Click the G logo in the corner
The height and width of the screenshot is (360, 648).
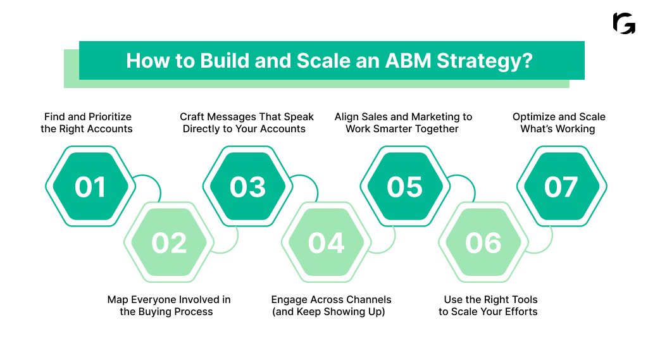(x=624, y=23)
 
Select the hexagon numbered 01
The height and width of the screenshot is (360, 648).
(x=90, y=187)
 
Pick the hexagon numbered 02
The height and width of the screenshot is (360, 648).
(x=169, y=243)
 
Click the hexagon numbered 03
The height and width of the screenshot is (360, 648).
(x=247, y=187)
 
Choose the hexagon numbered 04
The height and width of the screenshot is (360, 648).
(x=326, y=243)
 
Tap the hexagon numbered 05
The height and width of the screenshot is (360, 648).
(x=404, y=187)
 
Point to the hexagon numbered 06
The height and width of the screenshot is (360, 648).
(x=483, y=243)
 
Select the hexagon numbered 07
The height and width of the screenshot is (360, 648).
(x=561, y=187)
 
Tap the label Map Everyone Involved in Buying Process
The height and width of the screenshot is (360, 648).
(x=168, y=306)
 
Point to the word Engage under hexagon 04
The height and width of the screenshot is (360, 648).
(x=290, y=300)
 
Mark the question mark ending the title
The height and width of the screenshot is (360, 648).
(x=527, y=61)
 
